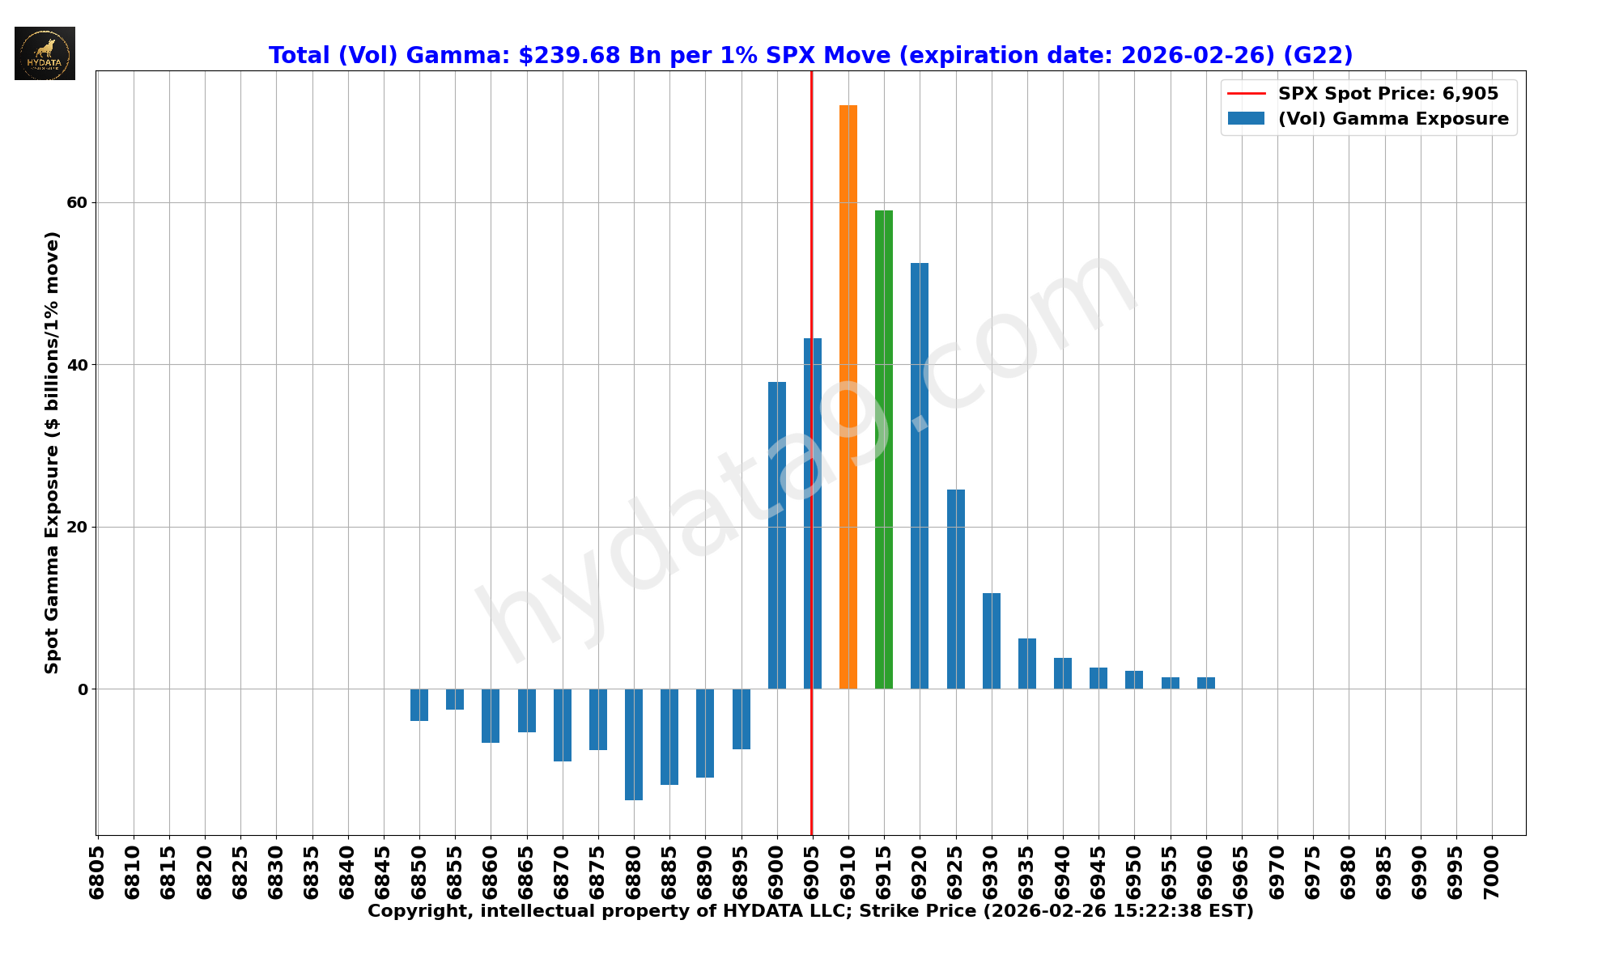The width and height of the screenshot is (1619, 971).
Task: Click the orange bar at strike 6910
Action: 848,396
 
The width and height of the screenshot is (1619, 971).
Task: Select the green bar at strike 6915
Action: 883,449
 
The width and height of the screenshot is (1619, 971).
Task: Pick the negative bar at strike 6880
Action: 633,744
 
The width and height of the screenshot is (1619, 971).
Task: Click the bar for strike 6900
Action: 776,535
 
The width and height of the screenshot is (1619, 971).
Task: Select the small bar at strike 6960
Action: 1205,683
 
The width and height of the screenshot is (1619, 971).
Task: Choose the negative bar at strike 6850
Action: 419,705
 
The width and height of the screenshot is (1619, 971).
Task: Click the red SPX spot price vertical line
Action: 811,243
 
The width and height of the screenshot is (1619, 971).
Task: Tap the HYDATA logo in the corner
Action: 45,53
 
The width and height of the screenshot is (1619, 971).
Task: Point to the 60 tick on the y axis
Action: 77,202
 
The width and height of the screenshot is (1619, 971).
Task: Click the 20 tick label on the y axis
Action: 77,527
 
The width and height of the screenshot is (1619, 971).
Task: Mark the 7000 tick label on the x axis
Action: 1491,871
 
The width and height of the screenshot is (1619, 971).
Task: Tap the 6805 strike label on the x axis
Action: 97,871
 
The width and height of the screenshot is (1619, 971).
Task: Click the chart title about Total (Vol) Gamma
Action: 810,55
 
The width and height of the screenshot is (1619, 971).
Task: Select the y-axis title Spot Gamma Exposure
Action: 52,452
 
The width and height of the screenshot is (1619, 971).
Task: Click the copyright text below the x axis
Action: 810,911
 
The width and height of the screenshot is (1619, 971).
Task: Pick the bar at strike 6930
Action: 991,641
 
